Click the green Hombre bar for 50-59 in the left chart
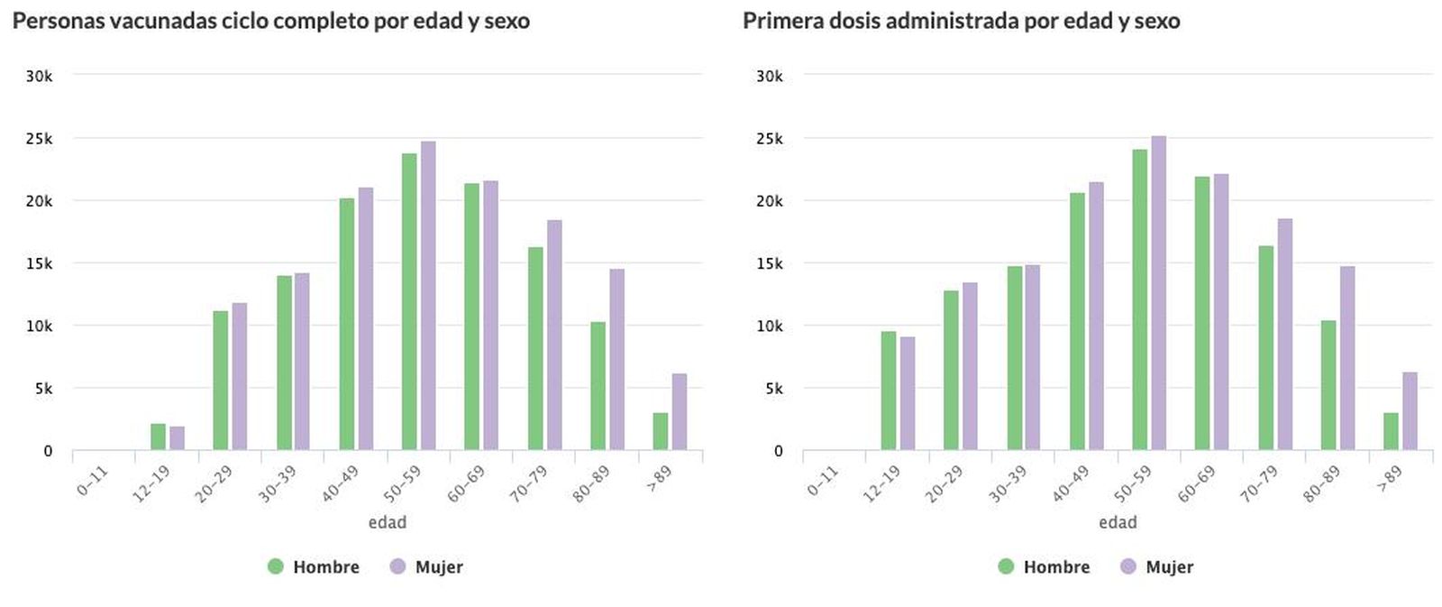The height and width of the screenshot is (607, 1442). tap(409, 302)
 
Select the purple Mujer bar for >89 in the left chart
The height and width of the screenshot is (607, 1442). tap(679, 412)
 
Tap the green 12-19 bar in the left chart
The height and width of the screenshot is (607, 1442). tap(158, 437)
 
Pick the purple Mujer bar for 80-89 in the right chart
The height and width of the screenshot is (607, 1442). tap(1346, 358)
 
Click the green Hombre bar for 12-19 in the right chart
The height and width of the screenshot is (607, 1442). tap(889, 391)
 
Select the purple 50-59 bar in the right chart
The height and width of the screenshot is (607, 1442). tap(1158, 293)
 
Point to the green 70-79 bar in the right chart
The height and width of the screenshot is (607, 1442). tap(1265, 348)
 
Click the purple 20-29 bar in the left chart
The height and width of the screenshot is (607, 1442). tap(239, 377)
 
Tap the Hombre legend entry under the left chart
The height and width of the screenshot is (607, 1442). tap(314, 566)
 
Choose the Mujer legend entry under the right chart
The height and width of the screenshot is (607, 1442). tap(1157, 566)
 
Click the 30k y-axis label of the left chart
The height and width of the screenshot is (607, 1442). tap(39, 77)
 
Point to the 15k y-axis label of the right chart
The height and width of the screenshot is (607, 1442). tap(769, 263)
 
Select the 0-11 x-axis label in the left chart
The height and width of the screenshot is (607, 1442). tap(92, 481)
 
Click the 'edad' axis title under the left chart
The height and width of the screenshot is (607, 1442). tap(387, 522)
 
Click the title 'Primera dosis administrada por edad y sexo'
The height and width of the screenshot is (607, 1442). tap(961, 21)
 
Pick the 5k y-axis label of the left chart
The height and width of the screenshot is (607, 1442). tap(43, 389)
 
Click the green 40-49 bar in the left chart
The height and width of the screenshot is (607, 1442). tap(346, 324)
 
